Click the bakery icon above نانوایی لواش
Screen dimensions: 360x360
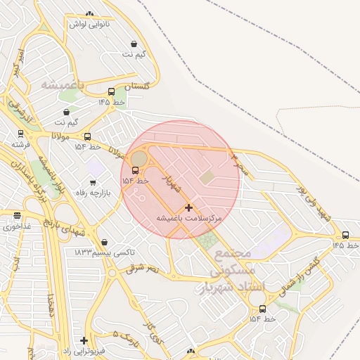(89, 14)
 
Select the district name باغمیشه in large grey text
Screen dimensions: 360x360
(62, 84)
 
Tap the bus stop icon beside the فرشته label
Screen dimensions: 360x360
(20, 132)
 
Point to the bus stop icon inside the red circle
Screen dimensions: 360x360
(135, 170)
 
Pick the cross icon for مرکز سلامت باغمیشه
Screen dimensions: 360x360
(188, 208)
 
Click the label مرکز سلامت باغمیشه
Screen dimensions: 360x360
(188, 219)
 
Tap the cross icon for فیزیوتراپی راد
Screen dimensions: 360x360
(84, 340)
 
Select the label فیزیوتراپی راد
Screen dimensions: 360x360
(83, 350)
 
